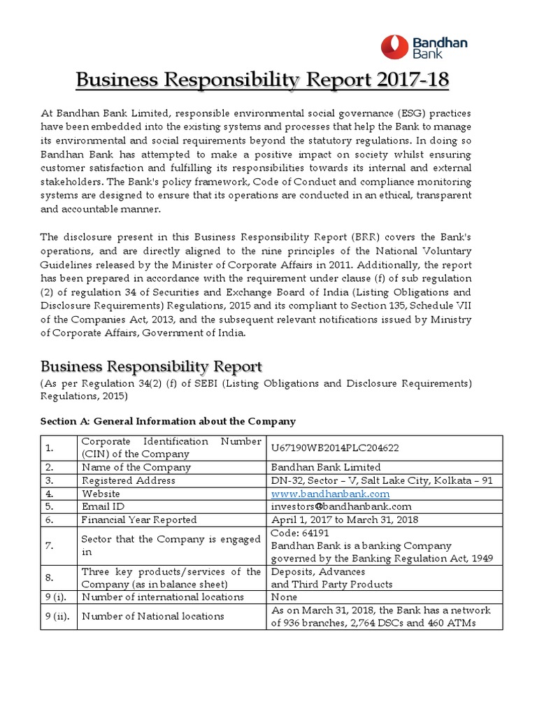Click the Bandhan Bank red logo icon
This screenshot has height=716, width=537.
pyautogui.click(x=396, y=47)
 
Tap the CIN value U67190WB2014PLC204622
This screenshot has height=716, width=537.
pyautogui.click(x=336, y=447)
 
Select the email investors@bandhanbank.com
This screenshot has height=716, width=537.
pyautogui.click(x=341, y=506)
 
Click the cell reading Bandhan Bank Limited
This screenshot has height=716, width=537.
pyautogui.click(x=326, y=467)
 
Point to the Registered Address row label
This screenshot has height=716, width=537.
pyautogui.click(x=129, y=480)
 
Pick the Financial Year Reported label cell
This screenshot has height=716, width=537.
pyautogui.click(x=139, y=520)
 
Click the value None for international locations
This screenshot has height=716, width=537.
pyautogui.click(x=284, y=597)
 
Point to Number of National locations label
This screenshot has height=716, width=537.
pyautogui.click(x=153, y=616)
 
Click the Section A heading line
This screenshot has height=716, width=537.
pyautogui.click(x=168, y=421)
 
